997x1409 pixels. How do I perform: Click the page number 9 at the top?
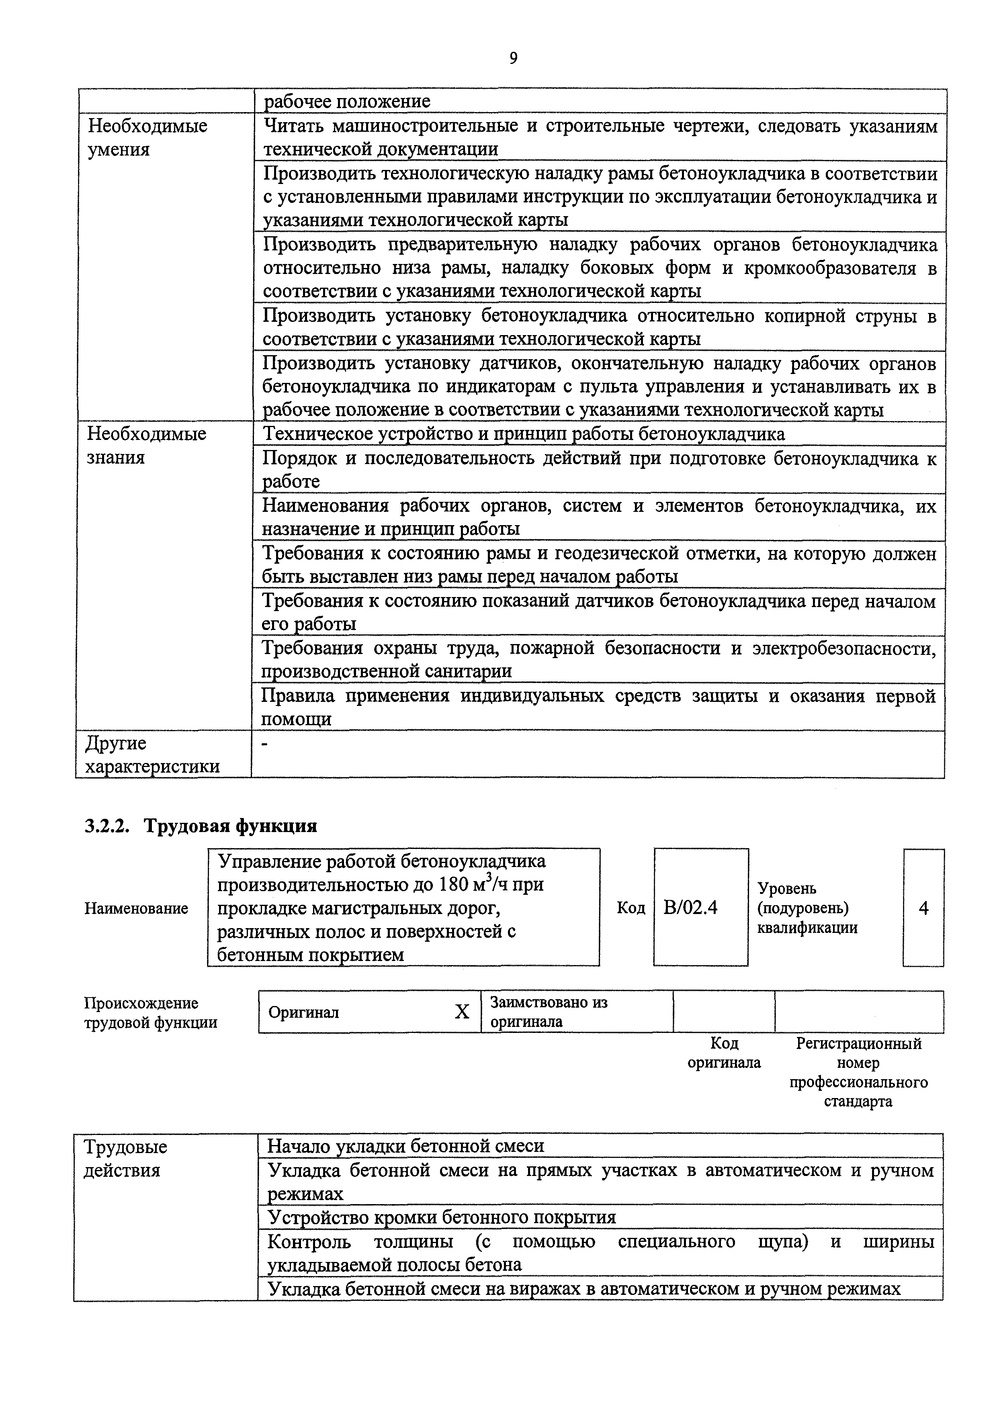click(513, 58)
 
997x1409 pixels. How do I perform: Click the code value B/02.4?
click(691, 908)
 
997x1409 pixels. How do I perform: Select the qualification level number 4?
click(923, 908)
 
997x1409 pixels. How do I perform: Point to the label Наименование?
click(136, 909)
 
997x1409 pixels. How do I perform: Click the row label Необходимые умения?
click(147, 137)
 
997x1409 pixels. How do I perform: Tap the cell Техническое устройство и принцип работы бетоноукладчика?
click(524, 434)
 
